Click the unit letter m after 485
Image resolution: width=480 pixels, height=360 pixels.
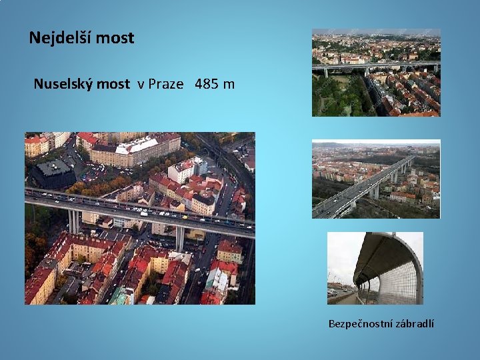pyautogui.click(x=229, y=85)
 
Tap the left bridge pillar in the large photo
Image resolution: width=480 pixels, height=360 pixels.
pyautogui.click(x=73, y=221)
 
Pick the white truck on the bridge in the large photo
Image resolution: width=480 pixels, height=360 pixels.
pyautogui.click(x=139, y=213)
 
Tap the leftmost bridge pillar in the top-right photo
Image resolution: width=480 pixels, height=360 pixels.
pyautogui.click(x=326, y=73)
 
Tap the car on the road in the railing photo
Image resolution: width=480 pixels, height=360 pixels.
pyautogui.click(x=332, y=292)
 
